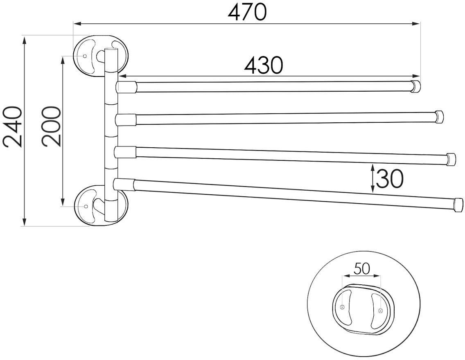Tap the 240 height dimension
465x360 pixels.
[13, 127]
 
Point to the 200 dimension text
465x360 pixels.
[52, 126]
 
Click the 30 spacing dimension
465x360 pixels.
[390, 180]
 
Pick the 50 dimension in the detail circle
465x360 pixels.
[362, 269]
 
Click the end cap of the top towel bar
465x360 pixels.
[416, 86]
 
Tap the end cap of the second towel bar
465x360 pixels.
[439, 117]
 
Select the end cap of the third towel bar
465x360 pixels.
[451, 159]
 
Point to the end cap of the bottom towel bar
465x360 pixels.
[458, 205]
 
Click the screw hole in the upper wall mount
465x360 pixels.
[85, 56]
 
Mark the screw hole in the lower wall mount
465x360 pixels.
[86, 206]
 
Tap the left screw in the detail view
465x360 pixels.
[342, 307]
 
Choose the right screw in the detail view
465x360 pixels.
[381, 310]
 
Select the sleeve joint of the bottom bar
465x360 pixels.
[124, 184]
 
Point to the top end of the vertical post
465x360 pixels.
[111, 49]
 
